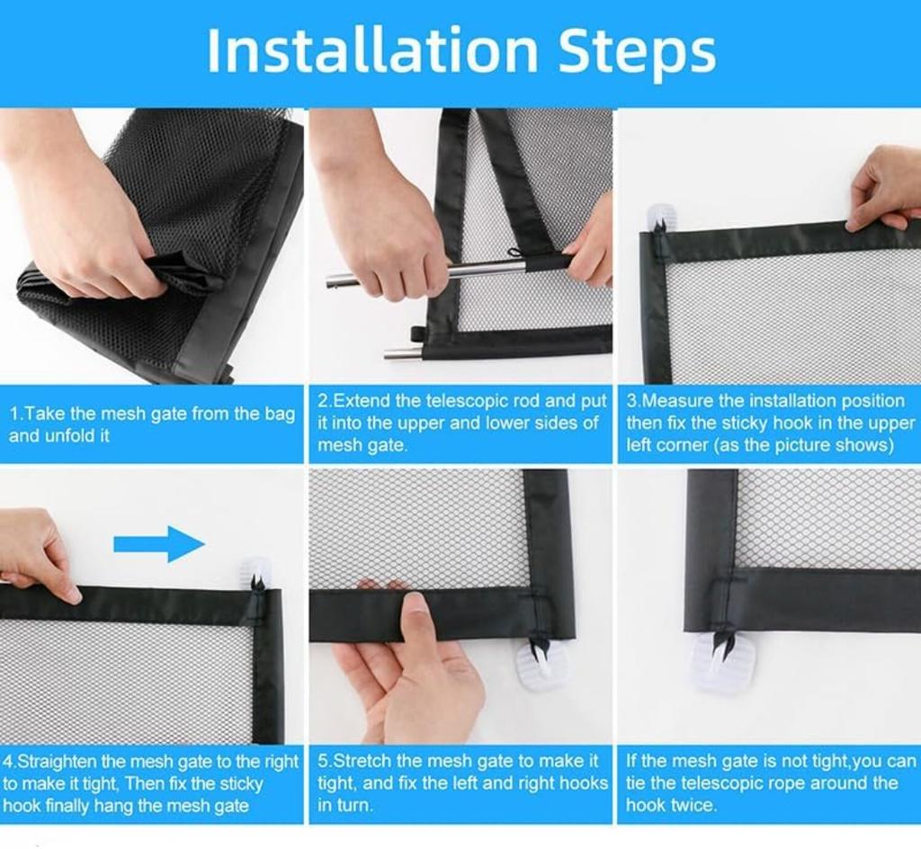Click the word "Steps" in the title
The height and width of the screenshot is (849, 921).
[x=637, y=53]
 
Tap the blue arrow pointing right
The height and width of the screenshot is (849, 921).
[x=159, y=544]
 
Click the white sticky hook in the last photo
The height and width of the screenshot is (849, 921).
[x=721, y=660]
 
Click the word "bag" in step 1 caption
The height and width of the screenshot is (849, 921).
[x=280, y=414]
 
